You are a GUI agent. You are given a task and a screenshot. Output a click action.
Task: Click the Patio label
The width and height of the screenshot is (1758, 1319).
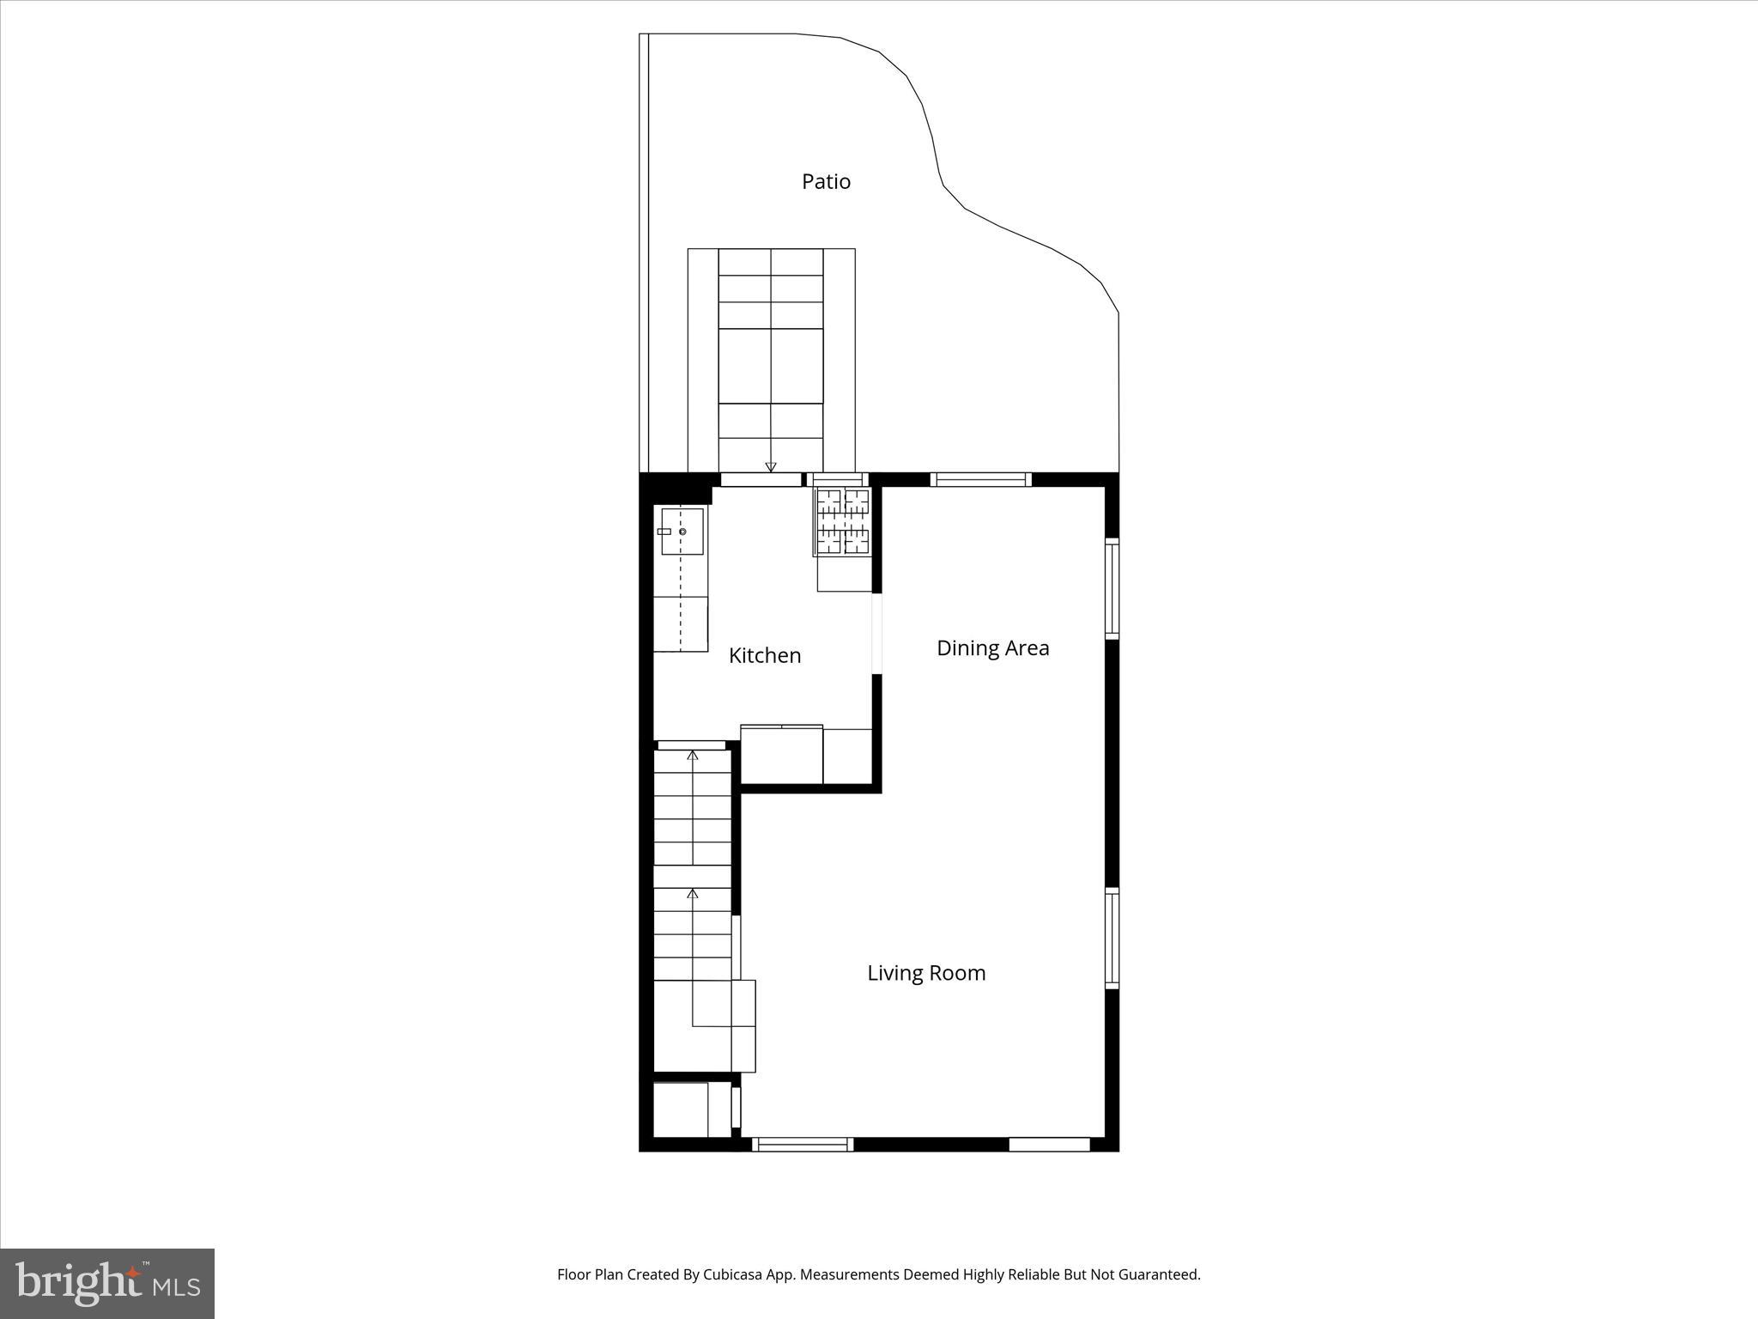coord(826,181)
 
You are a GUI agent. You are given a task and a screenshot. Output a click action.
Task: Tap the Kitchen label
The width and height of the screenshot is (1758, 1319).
coord(764,655)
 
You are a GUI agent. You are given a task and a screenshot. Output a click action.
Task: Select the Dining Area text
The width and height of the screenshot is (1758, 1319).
coord(992,648)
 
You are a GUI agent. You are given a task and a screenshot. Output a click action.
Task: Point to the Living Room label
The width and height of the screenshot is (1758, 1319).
coord(926,973)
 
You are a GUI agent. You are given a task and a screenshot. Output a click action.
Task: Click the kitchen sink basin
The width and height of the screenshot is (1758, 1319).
coord(682,531)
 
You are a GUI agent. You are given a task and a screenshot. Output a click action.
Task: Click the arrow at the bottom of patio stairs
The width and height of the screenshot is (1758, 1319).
coord(771,466)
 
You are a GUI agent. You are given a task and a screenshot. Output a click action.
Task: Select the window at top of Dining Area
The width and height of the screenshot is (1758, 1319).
coord(980,480)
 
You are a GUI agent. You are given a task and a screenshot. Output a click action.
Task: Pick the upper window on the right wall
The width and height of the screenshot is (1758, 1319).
coord(1112,588)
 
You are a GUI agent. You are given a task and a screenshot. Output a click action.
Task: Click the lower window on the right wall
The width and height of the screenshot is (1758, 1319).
coord(1112,938)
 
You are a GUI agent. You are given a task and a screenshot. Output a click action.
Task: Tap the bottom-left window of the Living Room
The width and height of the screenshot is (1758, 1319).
coord(803,1144)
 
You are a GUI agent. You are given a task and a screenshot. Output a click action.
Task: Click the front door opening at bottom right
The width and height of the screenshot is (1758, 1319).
coord(1049,1144)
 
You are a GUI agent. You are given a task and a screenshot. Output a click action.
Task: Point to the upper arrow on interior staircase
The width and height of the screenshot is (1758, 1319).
coord(693,756)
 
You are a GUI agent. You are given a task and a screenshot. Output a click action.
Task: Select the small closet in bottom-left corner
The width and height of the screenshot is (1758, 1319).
coord(682,1109)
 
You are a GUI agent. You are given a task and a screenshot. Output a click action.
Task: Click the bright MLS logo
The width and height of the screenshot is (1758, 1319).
coord(107,1284)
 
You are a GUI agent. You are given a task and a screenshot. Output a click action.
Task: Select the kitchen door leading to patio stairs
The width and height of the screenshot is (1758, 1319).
coord(761,480)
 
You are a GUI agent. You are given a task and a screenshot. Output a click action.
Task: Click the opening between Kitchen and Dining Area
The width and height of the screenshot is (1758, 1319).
coord(876,634)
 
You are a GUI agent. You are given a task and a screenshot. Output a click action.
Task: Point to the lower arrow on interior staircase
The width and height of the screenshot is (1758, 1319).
coord(693,895)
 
